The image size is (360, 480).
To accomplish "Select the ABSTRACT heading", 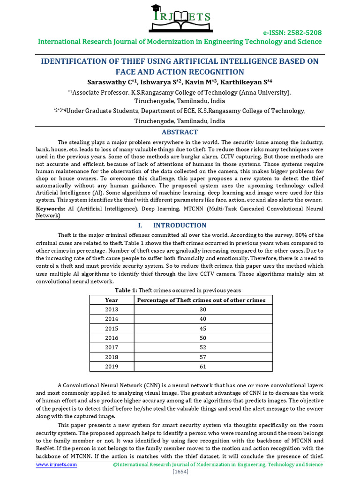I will click(x=180, y=132).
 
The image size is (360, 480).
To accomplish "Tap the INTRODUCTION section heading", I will click(x=180, y=225).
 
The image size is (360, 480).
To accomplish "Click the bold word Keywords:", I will click(x=51, y=208).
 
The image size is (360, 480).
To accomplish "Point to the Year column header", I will click(x=112, y=300).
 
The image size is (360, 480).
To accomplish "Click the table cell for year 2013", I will click(x=112, y=309).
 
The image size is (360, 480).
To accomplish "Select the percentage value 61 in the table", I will click(x=202, y=367).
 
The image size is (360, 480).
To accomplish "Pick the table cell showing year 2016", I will click(x=112, y=338).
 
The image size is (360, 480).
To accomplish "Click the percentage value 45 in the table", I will click(x=202, y=329).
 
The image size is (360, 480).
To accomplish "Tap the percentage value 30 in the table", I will click(x=202, y=309).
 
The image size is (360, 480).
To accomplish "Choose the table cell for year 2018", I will click(x=112, y=357).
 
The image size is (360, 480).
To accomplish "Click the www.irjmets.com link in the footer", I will click(x=57, y=465).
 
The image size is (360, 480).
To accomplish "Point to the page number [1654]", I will click(x=180, y=472).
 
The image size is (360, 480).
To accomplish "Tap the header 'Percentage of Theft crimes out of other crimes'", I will click(x=202, y=300).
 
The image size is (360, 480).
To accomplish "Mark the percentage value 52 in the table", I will click(x=202, y=348).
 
